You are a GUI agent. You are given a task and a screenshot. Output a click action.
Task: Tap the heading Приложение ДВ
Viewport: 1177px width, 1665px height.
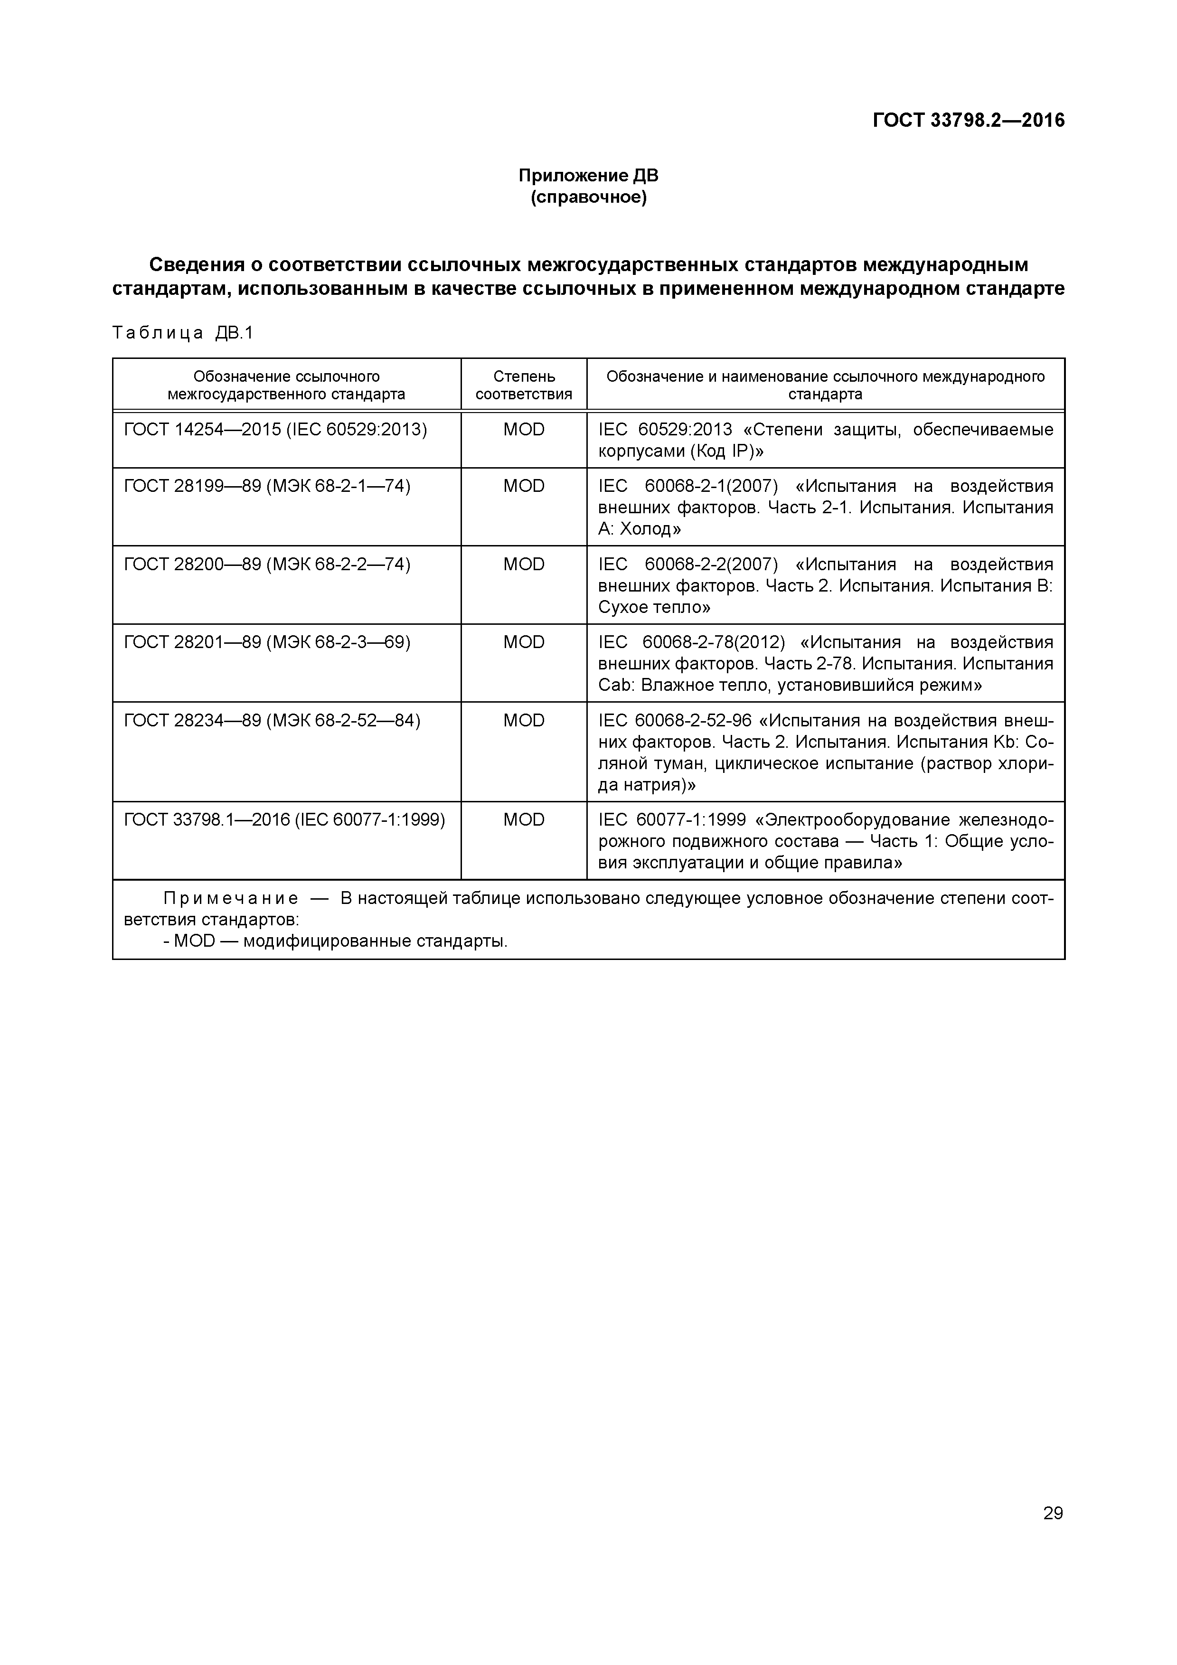588,176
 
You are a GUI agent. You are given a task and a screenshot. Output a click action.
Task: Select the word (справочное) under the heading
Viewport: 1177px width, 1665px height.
588,197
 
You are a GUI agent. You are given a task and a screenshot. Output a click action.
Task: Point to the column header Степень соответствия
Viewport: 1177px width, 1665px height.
524,385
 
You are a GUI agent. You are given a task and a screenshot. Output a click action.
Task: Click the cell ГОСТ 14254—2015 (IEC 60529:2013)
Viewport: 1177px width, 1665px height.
275,430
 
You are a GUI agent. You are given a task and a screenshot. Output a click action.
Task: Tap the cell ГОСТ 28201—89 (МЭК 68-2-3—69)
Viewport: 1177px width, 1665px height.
267,642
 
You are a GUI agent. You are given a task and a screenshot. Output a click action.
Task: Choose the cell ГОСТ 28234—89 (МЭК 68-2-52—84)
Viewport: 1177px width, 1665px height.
272,721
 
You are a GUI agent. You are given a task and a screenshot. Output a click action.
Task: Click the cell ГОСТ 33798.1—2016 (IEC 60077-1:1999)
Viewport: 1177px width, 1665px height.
284,820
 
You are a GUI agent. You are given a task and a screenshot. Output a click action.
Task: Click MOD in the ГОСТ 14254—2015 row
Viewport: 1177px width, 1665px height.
524,430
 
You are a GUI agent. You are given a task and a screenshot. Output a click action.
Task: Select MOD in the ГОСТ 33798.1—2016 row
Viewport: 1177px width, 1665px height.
524,820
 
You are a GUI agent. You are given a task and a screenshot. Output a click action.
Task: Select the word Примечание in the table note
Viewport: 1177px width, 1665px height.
231,899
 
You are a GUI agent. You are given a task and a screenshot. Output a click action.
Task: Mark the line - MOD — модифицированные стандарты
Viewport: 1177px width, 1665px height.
336,942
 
